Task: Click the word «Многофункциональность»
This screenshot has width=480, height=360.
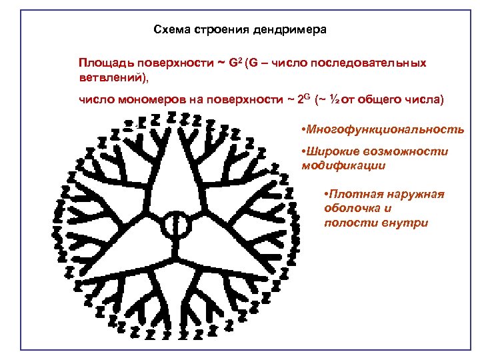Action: pos(384,128)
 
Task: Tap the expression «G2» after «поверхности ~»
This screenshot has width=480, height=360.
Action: pos(234,63)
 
